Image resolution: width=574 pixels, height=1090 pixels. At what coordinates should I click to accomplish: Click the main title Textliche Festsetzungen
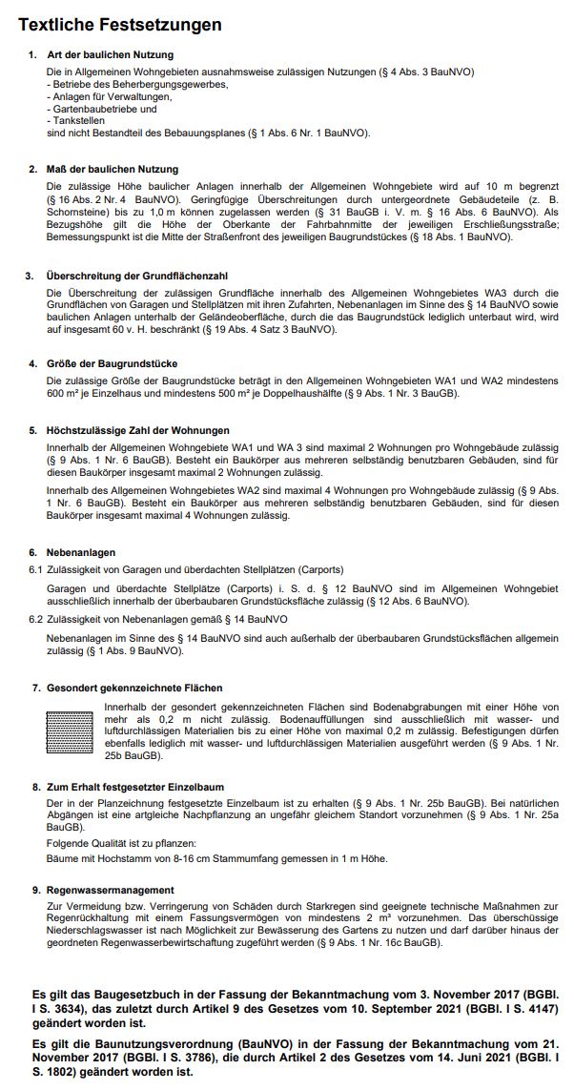[120, 25]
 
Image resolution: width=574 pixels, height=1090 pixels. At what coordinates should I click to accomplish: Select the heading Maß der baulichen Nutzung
[112, 169]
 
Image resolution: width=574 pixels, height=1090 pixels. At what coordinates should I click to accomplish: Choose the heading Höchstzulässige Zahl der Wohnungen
[137, 431]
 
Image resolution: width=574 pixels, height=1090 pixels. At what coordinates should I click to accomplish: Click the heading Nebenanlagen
[81, 552]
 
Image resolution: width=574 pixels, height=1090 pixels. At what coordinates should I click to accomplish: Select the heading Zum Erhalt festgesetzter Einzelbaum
[135, 787]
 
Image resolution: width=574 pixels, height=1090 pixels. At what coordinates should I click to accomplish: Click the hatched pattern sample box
[72, 730]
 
